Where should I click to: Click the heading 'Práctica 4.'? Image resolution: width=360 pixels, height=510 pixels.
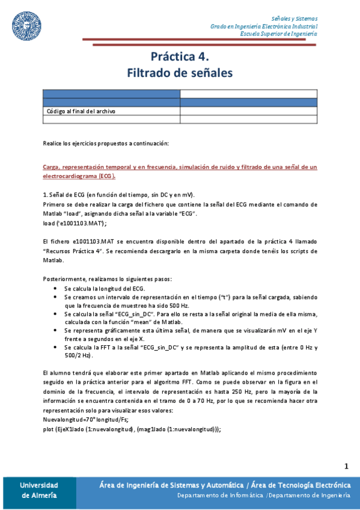(180, 57)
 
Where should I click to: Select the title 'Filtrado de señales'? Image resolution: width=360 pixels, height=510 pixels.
(180, 73)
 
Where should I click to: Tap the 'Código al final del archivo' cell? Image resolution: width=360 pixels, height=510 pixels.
(81, 111)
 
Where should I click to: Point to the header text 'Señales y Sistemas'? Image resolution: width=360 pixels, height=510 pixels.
(294, 19)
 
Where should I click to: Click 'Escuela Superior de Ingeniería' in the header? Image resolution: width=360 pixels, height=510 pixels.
(279, 34)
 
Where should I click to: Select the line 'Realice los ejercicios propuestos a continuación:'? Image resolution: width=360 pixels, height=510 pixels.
(106, 143)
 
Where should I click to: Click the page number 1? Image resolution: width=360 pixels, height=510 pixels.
(346, 466)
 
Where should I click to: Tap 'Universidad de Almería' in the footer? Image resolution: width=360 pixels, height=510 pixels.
(38, 490)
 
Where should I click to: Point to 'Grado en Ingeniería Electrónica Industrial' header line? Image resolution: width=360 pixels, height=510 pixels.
(264, 26)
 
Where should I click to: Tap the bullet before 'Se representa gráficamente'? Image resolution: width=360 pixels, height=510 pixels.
(56, 331)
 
